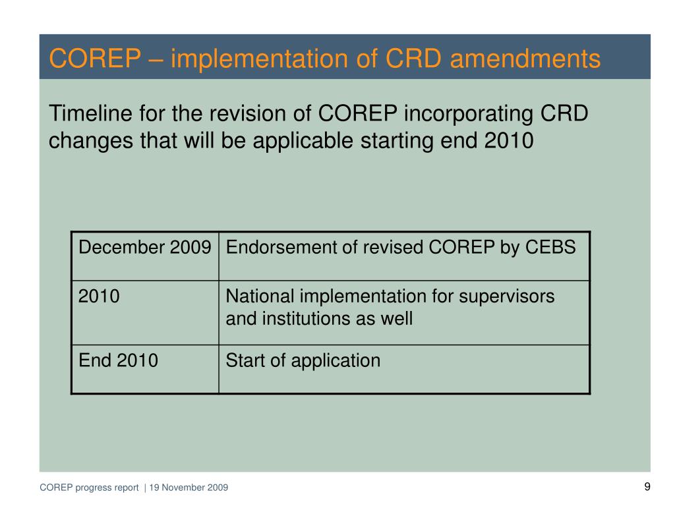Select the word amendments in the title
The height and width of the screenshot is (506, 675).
point(525,59)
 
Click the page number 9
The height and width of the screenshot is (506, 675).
point(647,487)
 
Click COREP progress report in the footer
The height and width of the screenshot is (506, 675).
point(89,488)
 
